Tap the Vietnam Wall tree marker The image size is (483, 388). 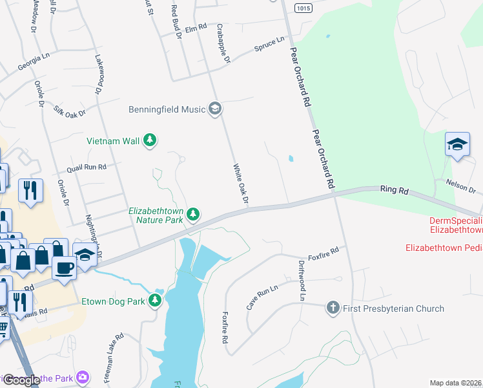150,140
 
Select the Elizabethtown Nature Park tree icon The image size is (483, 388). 192,213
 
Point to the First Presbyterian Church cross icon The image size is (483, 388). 333,308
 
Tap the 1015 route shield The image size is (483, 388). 302,8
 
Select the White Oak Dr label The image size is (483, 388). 241,185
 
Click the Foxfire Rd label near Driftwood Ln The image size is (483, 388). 324,251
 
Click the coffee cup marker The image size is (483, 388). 64,266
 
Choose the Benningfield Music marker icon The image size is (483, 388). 215,109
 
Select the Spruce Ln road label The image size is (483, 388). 269,44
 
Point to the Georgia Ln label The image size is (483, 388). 34,62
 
